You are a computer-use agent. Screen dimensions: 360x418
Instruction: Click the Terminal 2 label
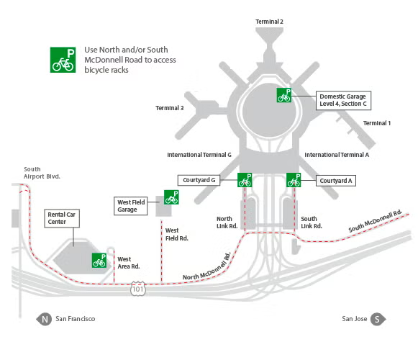pyautogui.click(x=269, y=22)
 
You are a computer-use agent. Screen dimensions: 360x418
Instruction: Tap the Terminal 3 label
pyautogui.click(x=170, y=109)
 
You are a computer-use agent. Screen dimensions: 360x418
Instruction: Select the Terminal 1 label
pyautogui.click(x=377, y=123)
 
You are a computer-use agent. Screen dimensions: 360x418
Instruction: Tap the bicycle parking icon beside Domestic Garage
pyautogui.click(x=284, y=95)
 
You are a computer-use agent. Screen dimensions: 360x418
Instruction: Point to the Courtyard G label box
pyautogui.click(x=199, y=180)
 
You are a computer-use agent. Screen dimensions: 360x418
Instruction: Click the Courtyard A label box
pyautogui.click(x=336, y=181)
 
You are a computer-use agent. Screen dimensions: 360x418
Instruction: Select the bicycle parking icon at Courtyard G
pyautogui.click(x=245, y=180)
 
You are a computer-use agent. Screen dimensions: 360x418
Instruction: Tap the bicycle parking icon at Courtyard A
pyautogui.click(x=294, y=180)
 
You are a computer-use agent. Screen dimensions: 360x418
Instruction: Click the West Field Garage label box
pyautogui.click(x=132, y=207)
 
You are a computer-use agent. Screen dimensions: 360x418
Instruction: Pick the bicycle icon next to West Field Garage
pyautogui.click(x=171, y=197)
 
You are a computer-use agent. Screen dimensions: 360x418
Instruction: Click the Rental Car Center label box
pyautogui.click(x=61, y=218)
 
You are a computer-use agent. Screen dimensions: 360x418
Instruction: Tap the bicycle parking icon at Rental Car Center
pyautogui.click(x=99, y=261)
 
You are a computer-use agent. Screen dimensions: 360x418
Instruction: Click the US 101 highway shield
pyautogui.click(x=138, y=289)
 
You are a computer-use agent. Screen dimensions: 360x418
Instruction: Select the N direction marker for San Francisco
pyautogui.click(x=45, y=319)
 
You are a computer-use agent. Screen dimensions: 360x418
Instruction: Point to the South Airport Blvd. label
pyautogui.click(x=42, y=172)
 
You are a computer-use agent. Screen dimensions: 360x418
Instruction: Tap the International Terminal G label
pyautogui.click(x=199, y=155)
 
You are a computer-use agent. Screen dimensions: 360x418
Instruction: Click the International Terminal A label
pyautogui.click(x=337, y=155)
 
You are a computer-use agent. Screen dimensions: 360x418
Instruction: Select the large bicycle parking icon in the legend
pyautogui.click(x=63, y=60)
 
